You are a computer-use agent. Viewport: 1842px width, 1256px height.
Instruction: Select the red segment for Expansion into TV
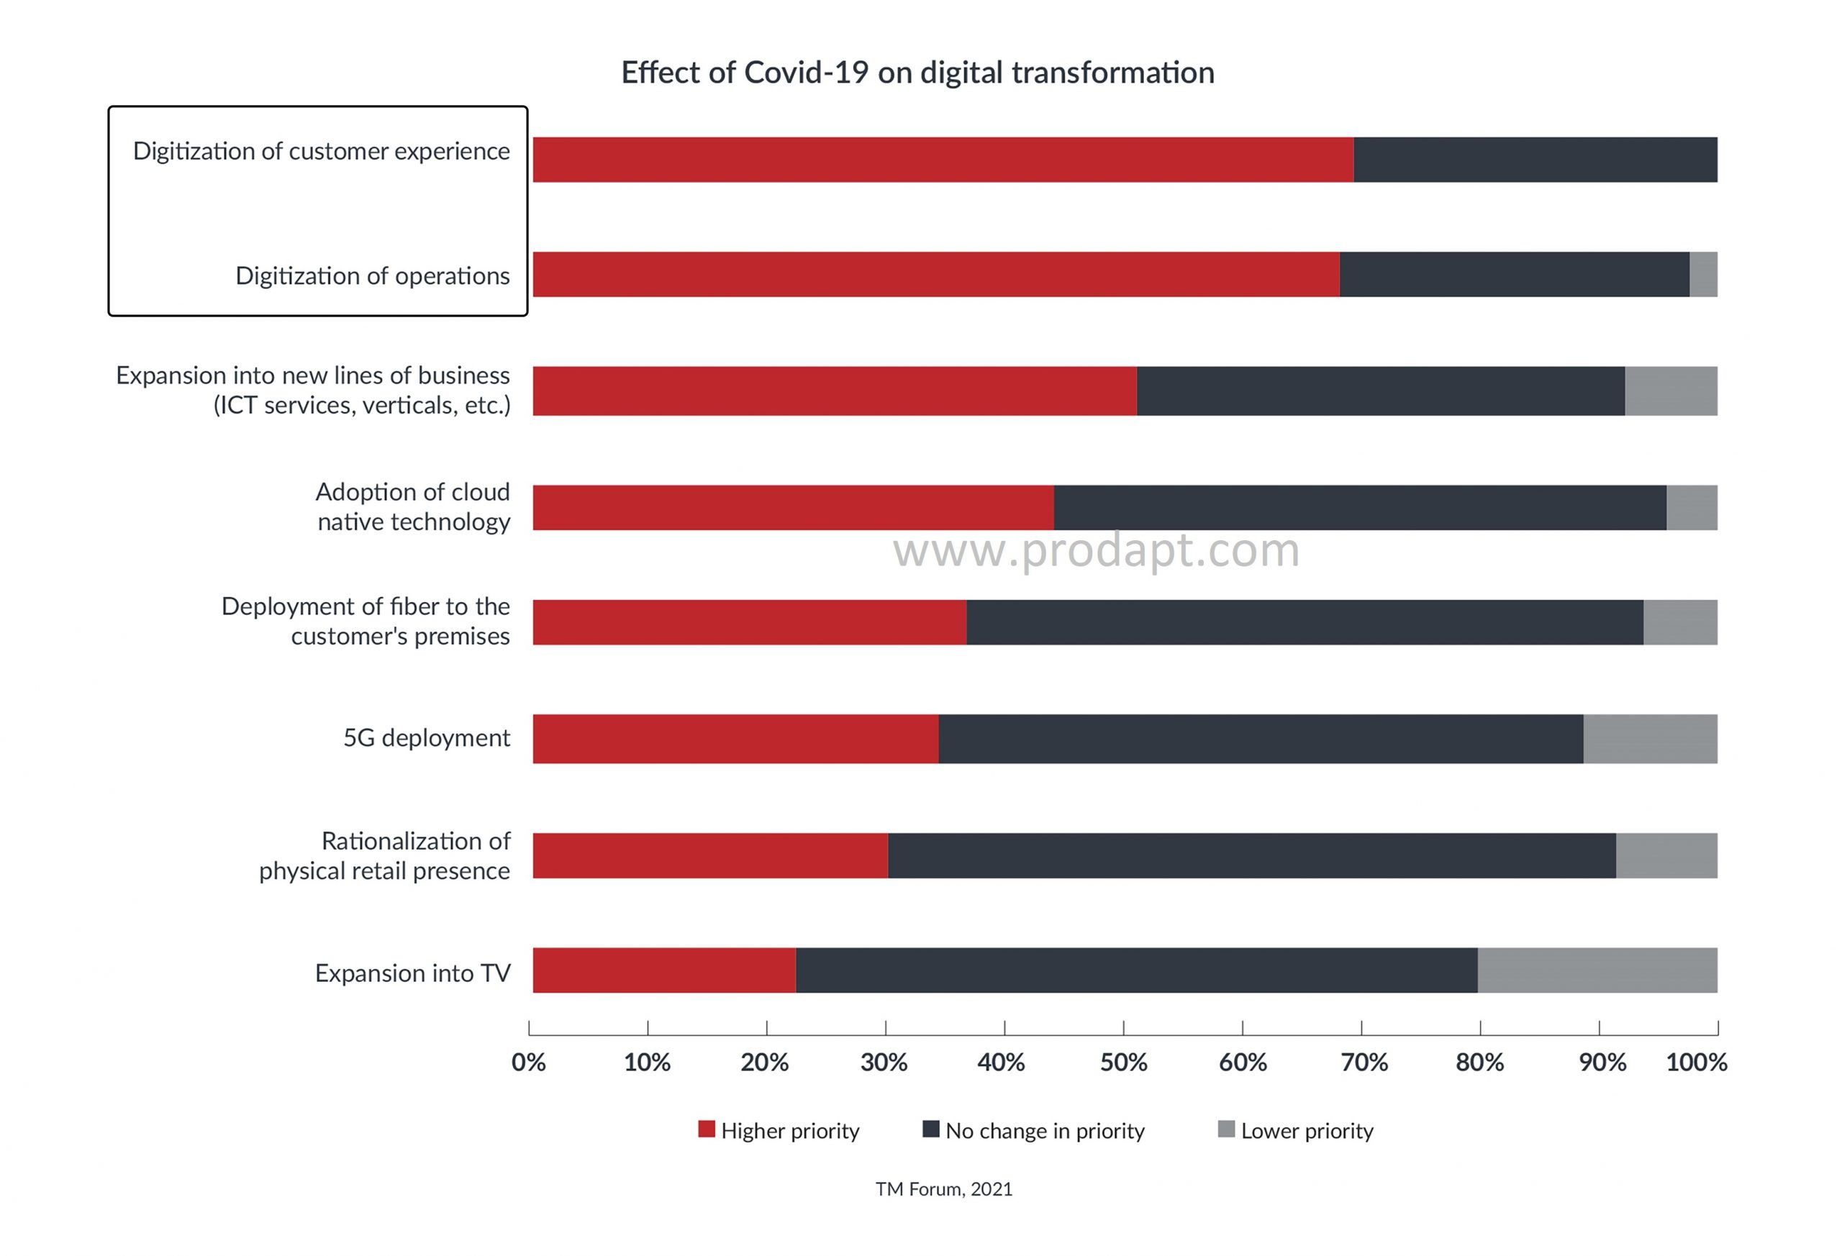[x=663, y=970]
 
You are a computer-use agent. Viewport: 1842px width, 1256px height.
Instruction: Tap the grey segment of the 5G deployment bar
[x=1649, y=739]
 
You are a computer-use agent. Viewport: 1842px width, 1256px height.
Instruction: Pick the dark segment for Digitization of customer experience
[x=1535, y=159]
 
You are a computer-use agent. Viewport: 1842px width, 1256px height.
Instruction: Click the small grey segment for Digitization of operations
[x=1702, y=274]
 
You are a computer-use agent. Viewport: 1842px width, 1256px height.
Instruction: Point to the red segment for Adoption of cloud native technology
[x=793, y=507]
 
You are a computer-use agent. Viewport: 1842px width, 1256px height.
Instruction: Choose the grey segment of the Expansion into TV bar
[x=1597, y=970]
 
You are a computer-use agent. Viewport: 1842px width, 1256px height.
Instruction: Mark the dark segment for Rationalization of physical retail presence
[x=1251, y=855]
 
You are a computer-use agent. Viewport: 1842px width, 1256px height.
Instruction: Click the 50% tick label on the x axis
[x=1123, y=1062]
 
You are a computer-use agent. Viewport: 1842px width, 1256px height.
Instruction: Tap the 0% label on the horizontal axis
[x=529, y=1062]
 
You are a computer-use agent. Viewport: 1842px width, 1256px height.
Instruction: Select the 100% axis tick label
[x=1696, y=1062]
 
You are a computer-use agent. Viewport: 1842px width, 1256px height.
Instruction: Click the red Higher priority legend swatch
[x=706, y=1129]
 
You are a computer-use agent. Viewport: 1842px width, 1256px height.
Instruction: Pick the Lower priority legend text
[x=1307, y=1131]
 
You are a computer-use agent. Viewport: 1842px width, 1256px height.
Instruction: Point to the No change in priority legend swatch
[x=930, y=1129]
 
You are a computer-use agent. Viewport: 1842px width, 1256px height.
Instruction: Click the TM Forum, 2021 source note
[x=943, y=1188]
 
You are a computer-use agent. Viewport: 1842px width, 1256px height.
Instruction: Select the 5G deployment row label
[x=427, y=738]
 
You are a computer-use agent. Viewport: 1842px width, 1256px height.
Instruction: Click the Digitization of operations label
[x=373, y=276]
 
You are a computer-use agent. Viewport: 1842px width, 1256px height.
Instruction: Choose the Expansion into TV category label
[x=412, y=973]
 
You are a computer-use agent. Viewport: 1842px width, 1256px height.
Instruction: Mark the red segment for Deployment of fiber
[x=749, y=622]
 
